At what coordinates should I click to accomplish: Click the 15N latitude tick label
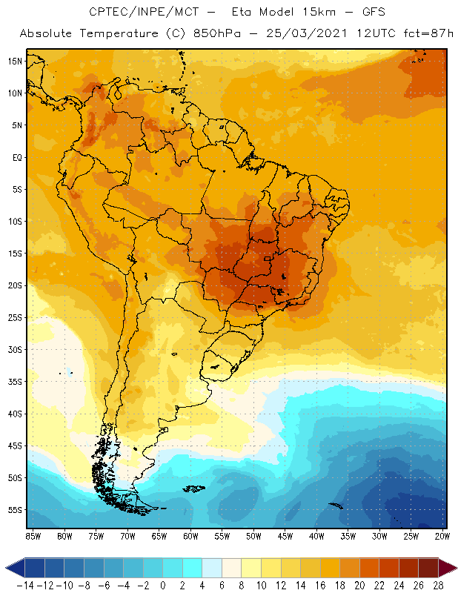(14, 61)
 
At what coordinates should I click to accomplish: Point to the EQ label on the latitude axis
(15, 157)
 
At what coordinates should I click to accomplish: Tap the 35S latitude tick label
(14, 382)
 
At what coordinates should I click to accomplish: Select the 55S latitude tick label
(14, 510)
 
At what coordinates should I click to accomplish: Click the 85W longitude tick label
(33, 535)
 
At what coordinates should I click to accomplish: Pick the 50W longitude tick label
(254, 535)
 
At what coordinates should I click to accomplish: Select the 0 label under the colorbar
(163, 585)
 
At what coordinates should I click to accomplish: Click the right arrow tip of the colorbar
(454, 568)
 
